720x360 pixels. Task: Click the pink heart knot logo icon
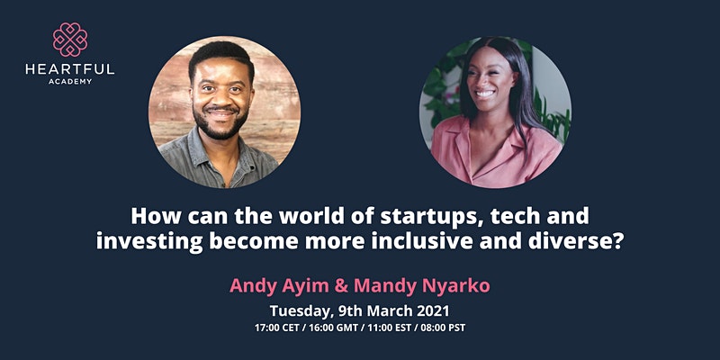pyautogui.click(x=70, y=40)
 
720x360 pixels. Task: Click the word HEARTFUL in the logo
pyautogui.click(x=70, y=70)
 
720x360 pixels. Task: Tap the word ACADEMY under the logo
pyautogui.click(x=70, y=82)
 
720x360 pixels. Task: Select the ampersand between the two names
pyautogui.click(x=342, y=286)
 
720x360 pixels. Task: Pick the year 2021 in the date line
pyautogui.click(x=433, y=310)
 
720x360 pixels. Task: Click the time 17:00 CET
pyautogui.click(x=276, y=328)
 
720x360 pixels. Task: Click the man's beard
pyautogui.click(x=220, y=125)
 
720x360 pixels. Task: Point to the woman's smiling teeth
pyautogui.click(x=484, y=94)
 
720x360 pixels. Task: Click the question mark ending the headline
pyautogui.click(x=616, y=242)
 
